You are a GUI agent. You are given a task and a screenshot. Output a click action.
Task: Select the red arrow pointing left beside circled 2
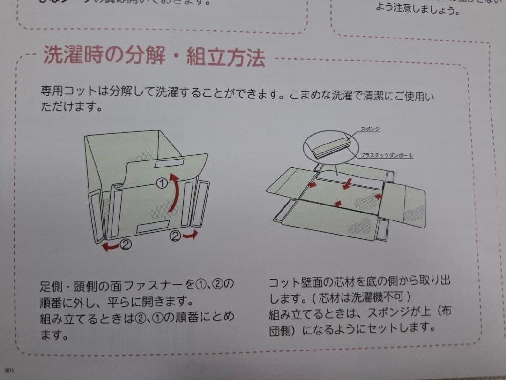pyautogui.click(x=111, y=246)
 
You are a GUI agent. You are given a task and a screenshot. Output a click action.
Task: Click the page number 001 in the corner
pyautogui.click(x=9, y=371)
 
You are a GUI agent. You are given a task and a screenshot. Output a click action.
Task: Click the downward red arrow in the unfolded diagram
pyautogui.click(x=347, y=184)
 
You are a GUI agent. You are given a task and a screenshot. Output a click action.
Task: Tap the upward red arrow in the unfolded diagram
pyautogui.click(x=337, y=203)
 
